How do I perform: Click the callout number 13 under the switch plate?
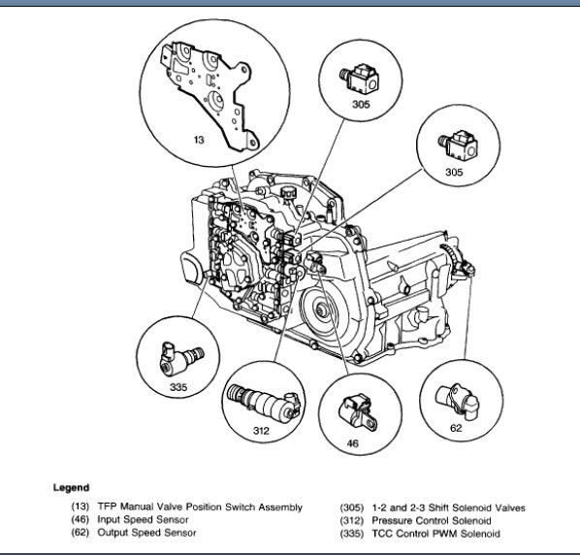199,140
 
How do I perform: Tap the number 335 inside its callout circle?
178,387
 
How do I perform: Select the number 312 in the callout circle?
261,431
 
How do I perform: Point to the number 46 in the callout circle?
352,443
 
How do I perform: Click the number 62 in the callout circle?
456,428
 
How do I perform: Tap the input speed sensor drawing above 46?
358,413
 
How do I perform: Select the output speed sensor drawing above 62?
457,403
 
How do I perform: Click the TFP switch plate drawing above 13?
208,92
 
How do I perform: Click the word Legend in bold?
71,488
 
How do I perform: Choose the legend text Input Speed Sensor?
143,520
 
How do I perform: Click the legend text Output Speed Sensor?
146,533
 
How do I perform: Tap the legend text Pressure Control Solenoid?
432,521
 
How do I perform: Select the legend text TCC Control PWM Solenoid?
435,534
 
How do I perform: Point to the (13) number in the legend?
81,506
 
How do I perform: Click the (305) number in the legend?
352,507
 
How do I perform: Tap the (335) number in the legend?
352,534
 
